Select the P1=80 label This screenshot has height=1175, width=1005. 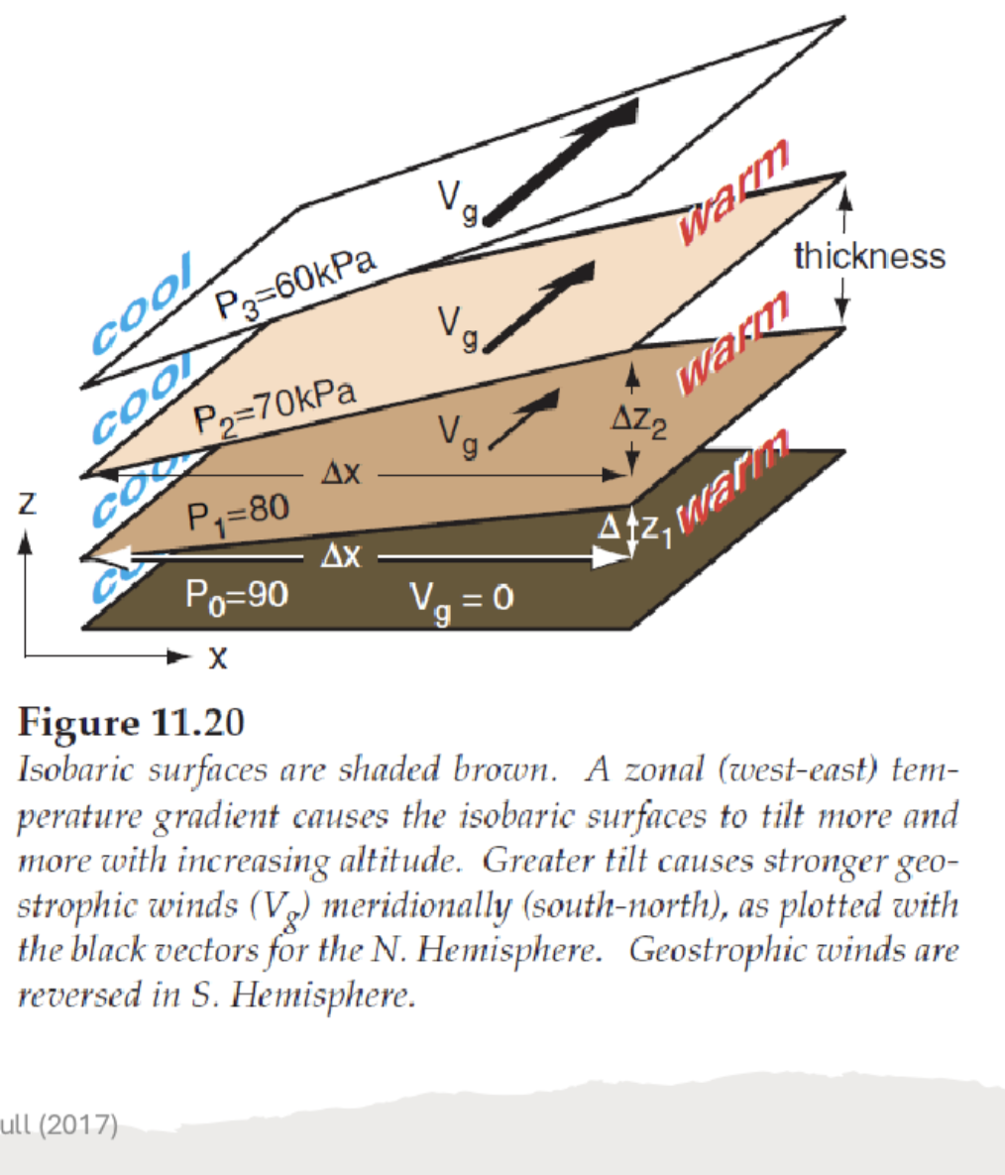click(x=238, y=513)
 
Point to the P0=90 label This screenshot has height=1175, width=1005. click(x=237, y=595)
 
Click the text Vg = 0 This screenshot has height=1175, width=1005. click(x=461, y=599)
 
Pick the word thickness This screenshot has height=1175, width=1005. click(x=869, y=257)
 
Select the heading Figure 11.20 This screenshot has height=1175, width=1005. click(x=131, y=723)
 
